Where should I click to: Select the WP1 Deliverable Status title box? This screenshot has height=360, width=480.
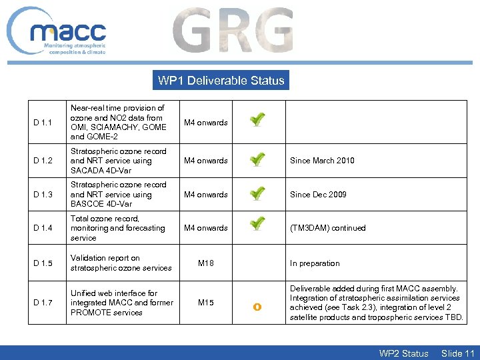[x=221, y=81]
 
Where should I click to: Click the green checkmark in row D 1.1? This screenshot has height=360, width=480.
[x=257, y=120]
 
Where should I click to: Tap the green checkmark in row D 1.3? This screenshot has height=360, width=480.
[x=257, y=193]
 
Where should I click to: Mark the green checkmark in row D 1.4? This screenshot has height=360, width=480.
[x=257, y=225]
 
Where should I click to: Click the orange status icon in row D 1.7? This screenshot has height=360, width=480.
[x=257, y=307]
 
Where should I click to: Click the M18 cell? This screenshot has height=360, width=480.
[x=206, y=263]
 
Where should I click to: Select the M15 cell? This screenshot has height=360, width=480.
[x=206, y=303]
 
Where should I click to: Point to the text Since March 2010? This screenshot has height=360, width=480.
[x=322, y=161]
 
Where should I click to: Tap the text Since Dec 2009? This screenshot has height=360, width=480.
[x=318, y=195]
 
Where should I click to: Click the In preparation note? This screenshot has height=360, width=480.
[x=315, y=263]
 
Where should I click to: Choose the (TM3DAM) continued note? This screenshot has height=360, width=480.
[x=327, y=228]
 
